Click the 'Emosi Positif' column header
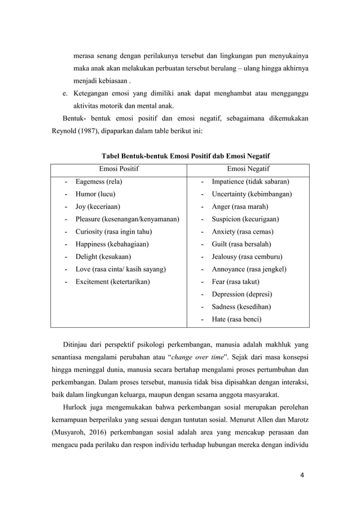[119, 169]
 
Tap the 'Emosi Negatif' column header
[248, 169]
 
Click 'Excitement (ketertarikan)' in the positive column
[113, 281]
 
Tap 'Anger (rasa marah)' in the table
[240, 207]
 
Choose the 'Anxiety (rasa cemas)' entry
[242, 231]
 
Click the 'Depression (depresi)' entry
[242, 294]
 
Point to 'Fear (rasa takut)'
[236, 281]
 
